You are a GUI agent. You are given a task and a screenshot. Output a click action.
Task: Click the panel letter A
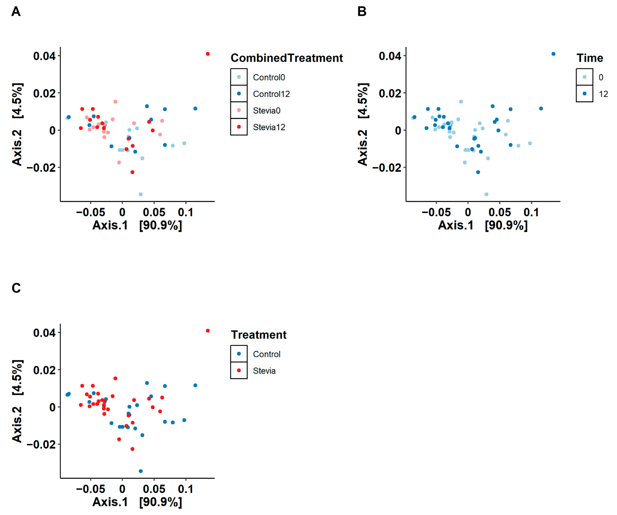[16, 12]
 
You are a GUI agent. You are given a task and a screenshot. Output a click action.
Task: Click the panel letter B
[362, 12]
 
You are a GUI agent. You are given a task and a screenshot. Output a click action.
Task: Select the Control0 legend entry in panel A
[268, 77]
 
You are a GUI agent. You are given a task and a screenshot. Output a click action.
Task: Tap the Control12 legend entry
[271, 94]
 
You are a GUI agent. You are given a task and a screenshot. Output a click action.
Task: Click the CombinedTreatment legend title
[287, 58]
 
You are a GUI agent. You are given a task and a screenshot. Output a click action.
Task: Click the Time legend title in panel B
[589, 58]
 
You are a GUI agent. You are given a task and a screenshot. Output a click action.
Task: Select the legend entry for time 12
[603, 94]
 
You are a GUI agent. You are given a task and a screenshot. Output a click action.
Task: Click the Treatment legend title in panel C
[259, 335]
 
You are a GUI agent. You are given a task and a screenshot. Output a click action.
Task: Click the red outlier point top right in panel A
[208, 54]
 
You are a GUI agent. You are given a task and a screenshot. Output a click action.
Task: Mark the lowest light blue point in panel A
[141, 194]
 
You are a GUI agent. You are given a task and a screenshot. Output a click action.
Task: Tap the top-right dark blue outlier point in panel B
[553, 54]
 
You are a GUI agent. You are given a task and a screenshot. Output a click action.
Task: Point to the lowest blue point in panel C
[141, 471]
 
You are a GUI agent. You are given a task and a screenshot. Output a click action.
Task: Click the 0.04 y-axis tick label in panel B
[390, 56]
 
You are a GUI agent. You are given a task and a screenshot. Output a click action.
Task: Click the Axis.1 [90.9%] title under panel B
[483, 225]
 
